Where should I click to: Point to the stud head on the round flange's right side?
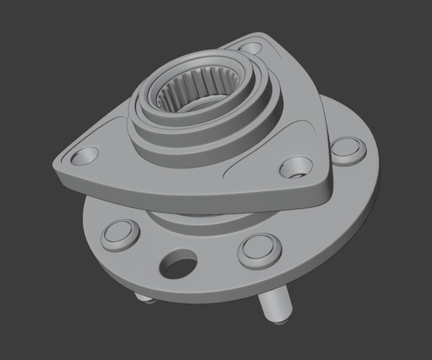click(347, 149)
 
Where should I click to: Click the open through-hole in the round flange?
click(178, 265)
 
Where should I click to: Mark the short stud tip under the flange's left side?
click(144, 297)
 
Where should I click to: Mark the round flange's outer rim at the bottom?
click(216, 302)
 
